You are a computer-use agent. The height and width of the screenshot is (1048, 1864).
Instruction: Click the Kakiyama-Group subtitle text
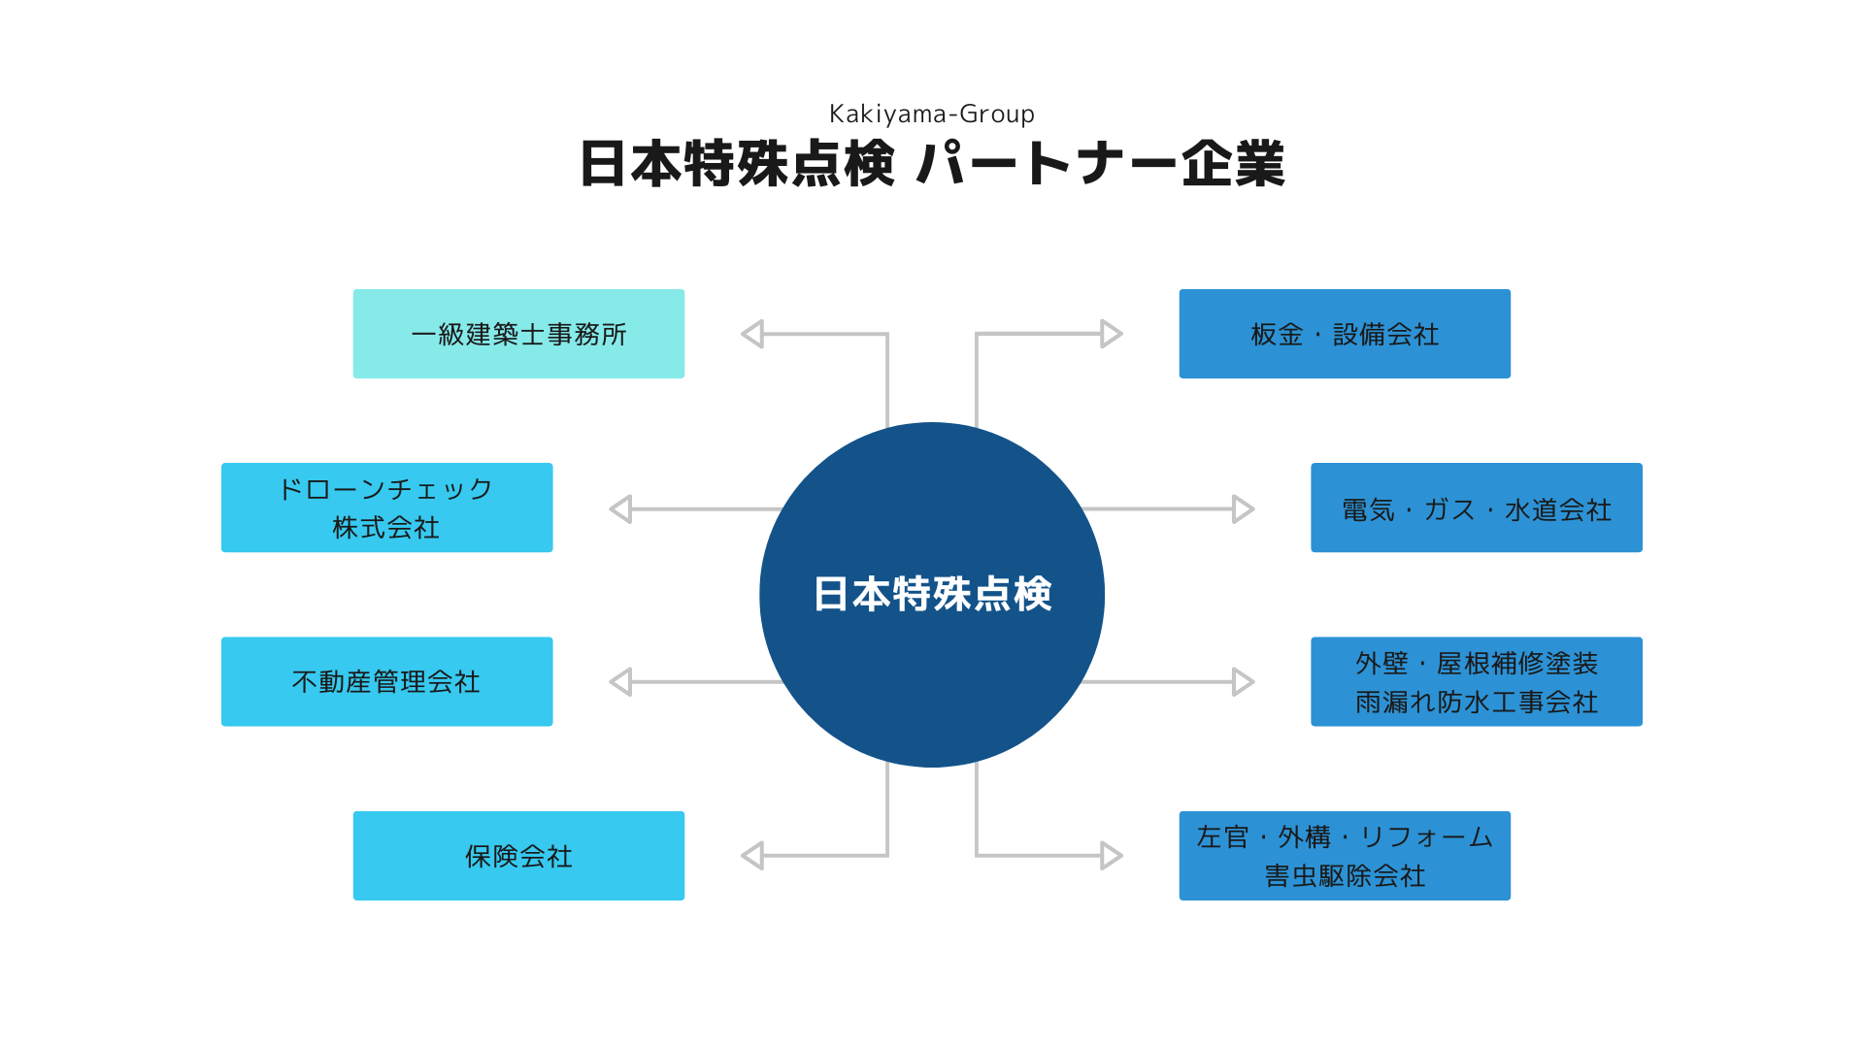coord(932,115)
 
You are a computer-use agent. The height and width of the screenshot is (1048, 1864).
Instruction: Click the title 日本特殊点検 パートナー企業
coord(932,163)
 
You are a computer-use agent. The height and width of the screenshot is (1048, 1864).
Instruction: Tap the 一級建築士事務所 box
coord(518,334)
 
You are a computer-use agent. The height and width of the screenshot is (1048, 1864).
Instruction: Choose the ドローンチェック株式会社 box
coord(386,508)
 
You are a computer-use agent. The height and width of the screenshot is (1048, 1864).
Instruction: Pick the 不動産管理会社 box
coord(386,681)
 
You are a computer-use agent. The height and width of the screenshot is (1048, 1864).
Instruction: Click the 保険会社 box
coord(518,856)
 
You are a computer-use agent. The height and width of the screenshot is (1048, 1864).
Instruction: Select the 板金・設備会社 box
coord(1345,334)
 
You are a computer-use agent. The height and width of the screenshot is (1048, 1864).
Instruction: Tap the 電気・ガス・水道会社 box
coord(1477,508)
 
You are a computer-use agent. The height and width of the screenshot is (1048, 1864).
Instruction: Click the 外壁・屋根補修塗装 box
coord(1477,681)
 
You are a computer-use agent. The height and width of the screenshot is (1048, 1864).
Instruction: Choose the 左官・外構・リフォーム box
coord(1345,856)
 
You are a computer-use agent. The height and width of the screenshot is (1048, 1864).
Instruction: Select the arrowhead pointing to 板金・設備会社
coord(1112,334)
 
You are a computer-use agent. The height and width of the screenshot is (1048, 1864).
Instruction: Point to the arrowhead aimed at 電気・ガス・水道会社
coord(1243,508)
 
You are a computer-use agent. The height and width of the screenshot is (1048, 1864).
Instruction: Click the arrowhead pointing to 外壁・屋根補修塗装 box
coord(1243,681)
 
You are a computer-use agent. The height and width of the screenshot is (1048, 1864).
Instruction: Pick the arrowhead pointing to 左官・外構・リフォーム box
coord(1112,856)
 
